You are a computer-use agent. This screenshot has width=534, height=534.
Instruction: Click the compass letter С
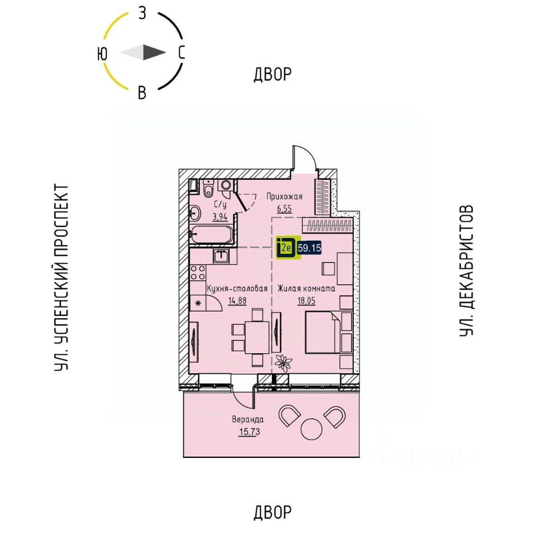pyautogui.click(x=181, y=53)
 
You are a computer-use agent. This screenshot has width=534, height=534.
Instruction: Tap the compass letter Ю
pyautogui.click(x=102, y=53)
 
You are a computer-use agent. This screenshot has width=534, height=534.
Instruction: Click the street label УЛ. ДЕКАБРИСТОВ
pyautogui.click(x=466, y=270)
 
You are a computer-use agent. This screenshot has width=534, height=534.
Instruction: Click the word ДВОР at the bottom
pyautogui.click(x=273, y=511)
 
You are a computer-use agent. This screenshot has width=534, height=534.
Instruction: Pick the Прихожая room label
pyautogui.click(x=284, y=196)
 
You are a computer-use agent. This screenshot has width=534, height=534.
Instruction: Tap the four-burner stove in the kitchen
pyautogui.click(x=197, y=275)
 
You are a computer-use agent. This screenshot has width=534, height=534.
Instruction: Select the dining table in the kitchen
pyautogui.click(x=256, y=337)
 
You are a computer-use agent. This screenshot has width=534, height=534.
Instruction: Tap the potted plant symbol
pyautogui.click(x=285, y=362)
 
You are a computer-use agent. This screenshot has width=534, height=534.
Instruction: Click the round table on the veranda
pyautogui.click(x=310, y=430)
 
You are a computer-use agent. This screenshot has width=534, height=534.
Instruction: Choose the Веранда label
pyautogui.click(x=248, y=420)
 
